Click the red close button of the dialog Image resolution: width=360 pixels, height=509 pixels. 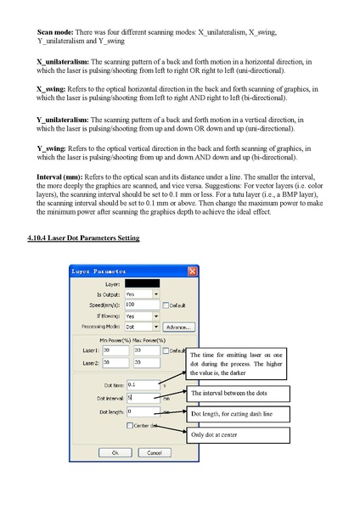(192, 271)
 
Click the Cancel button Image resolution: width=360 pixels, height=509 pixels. (150, 453)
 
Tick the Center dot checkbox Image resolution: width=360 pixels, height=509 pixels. (129, 425)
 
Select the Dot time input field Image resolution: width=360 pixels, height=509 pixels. (141, 384)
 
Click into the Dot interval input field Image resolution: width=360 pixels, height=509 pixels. (141, 397)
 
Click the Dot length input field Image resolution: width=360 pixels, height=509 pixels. (141, 411)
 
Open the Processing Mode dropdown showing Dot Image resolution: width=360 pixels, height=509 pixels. (141, 326)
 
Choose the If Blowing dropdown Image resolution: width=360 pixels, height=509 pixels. (141, 315)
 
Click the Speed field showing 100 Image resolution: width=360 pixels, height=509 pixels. (141, 304)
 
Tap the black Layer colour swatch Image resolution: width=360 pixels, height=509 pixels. (141, 283)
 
